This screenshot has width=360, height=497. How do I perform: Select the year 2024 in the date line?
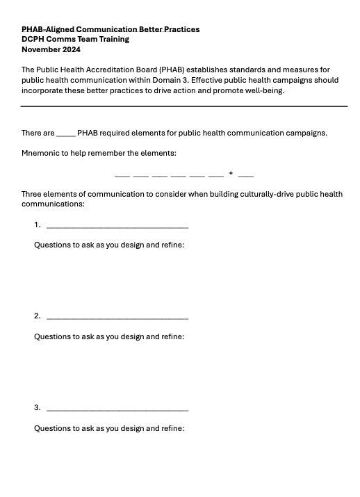point(71,49)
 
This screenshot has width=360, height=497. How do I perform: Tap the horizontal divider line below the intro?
point(183,106)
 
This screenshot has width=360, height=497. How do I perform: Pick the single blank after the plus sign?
point(245,174)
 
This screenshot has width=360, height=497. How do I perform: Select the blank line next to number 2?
point(117,318)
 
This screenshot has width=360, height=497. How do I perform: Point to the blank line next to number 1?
point(117,227)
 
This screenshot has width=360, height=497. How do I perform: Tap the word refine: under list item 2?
point(172,336)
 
